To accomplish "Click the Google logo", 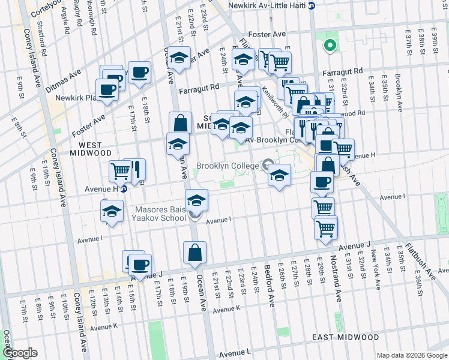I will (20, 353).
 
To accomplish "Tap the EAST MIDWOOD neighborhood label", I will (345, 338).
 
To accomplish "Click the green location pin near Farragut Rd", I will (329, 45).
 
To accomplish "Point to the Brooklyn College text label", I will (228, 165).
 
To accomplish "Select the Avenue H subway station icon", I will (124, 188).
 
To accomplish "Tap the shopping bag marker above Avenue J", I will (195, 253).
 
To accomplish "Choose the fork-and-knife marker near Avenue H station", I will (136, 170).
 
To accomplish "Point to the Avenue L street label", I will (235, 355).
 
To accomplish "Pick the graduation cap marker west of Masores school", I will (112, 211).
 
